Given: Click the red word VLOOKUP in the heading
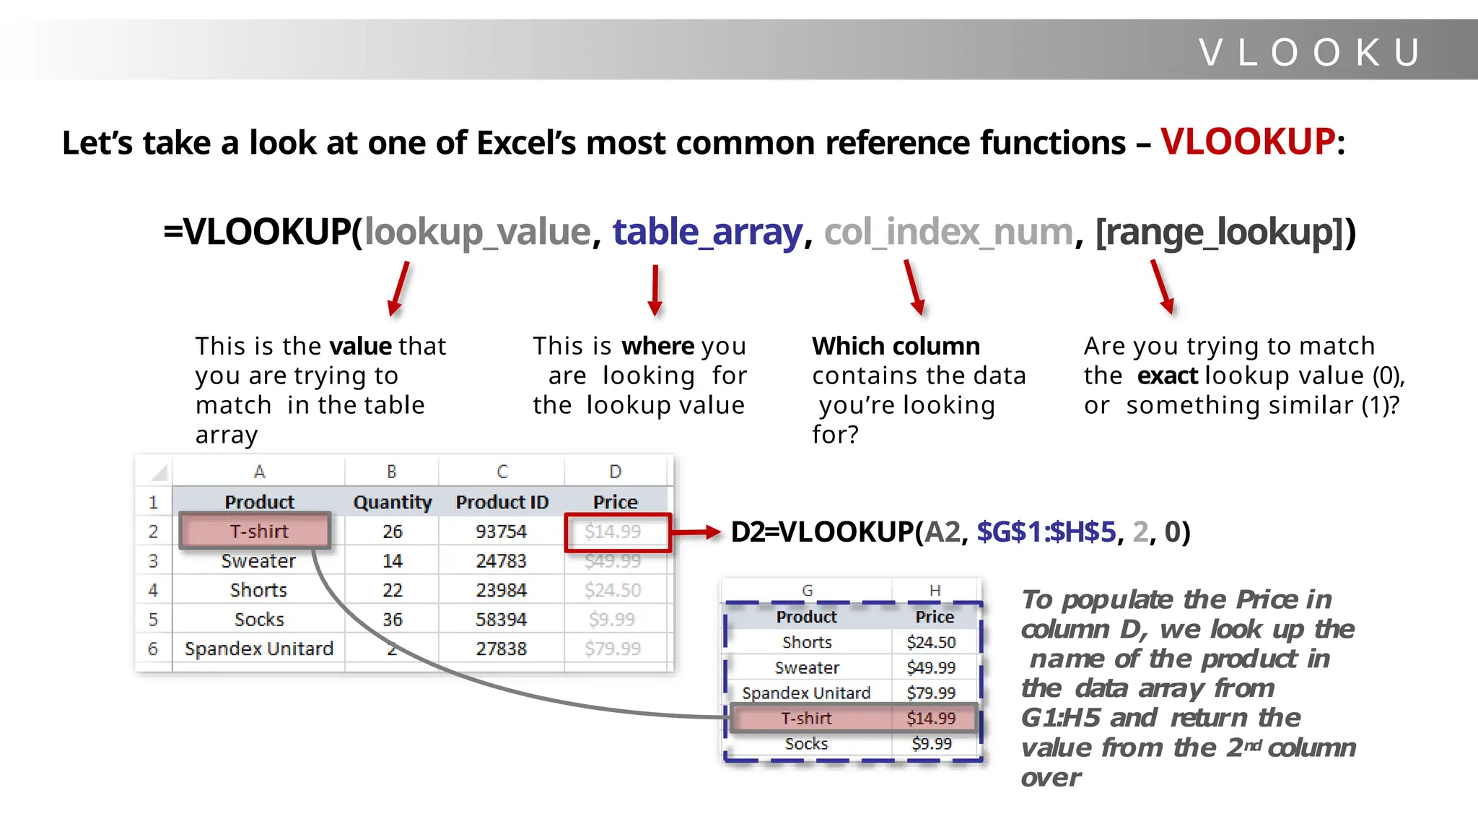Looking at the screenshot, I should pos(1248,142).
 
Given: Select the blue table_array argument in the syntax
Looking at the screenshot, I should pos(707,233).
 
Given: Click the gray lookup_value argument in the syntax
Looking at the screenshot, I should pos(478,233).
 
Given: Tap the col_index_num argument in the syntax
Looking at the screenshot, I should pos(948,233).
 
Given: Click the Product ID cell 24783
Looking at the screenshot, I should pos(501,561).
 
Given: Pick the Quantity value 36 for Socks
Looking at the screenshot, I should pos(392,620).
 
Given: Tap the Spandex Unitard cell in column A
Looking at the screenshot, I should pos(258,649).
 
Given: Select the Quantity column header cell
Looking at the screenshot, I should pos(392,502).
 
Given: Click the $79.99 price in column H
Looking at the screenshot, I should pos(931,693).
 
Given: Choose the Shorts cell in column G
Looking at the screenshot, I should pos(807,642).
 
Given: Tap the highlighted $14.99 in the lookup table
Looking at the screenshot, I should pos(931,718).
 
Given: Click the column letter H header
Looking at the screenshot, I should pos(935,591).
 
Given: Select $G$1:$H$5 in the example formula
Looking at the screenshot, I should pos(1046,532).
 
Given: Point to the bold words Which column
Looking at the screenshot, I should pos(896,346).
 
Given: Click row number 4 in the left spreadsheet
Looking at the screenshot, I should pos(153,590).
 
